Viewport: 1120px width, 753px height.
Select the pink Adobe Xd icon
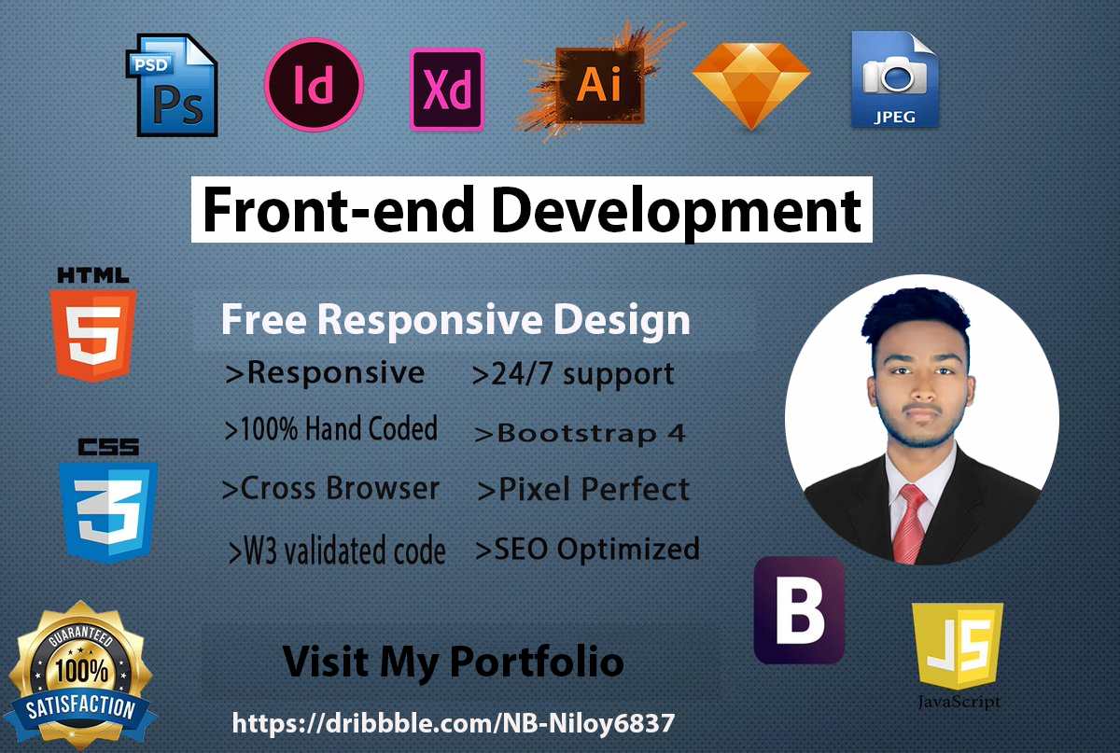coord(447,89)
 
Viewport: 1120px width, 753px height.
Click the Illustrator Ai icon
coord(598,85)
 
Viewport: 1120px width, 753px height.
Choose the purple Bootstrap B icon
coord(799,611)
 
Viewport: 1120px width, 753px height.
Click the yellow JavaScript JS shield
coord(958,646)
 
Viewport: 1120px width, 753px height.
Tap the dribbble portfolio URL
coord(453,723)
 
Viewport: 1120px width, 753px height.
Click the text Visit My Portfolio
coord(454,662)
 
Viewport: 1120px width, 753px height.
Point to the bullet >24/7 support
coord(573,375)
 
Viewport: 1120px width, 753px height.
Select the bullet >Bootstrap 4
coord(580,433)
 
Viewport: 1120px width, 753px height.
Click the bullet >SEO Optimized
coord(587,549)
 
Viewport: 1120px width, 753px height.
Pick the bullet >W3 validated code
coord(337,551)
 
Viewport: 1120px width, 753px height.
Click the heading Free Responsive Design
coord(455,321)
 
